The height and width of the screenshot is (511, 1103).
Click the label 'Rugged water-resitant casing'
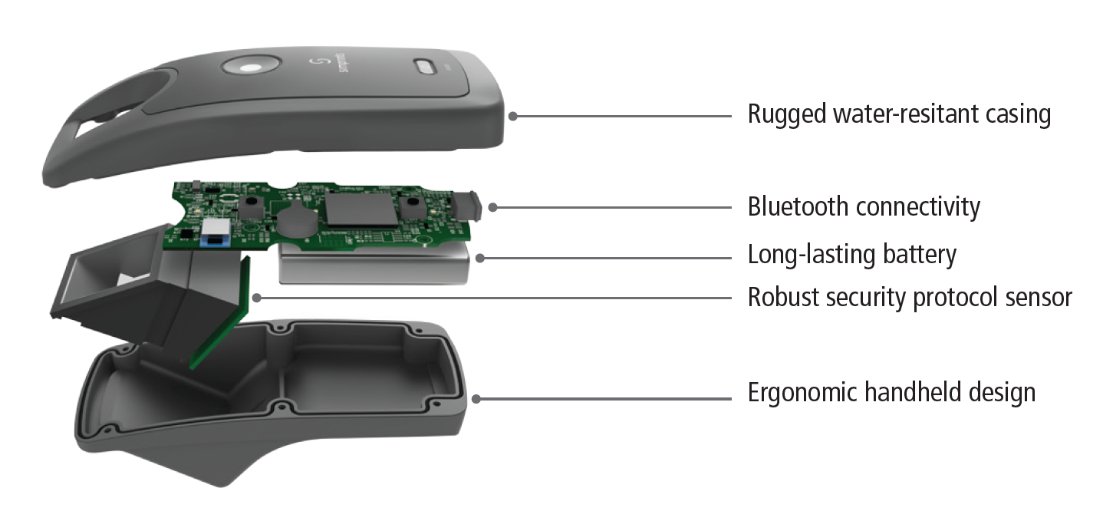[x=899, y=115]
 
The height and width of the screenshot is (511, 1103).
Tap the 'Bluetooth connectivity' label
[x=864, y=206]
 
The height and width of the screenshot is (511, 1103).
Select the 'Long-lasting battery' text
[x=852, y=255]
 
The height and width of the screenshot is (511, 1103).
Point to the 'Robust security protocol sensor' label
[x=910, y=298]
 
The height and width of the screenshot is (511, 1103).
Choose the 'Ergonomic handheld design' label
[x=891, y=394]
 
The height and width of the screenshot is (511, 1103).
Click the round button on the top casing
[x=251, y=67]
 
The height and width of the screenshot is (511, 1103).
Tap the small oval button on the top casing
[x=424, y=67]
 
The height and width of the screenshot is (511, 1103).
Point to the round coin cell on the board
[x=298, y=220]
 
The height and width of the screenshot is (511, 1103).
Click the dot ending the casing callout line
[x=512, y=117]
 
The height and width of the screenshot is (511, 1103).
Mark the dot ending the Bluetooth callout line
[x=492, y=207]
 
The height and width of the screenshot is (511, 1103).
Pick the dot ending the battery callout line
[x=479, y=259]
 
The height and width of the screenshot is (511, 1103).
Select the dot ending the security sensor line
[x=256, y=298]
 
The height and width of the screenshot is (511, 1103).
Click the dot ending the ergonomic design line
[x=476, y=399]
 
